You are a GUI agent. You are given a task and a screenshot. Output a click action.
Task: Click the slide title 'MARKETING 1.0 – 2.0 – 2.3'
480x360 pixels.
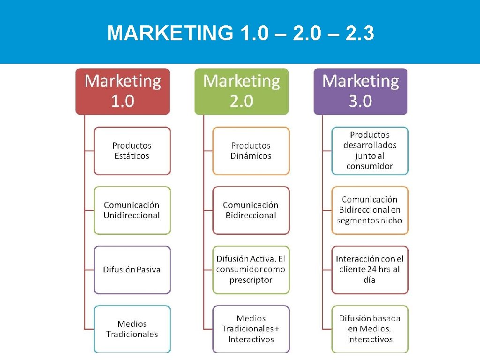240,34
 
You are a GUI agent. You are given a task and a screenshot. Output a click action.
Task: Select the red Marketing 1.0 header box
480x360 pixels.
122,91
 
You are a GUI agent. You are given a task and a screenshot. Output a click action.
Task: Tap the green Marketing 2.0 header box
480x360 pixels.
241,91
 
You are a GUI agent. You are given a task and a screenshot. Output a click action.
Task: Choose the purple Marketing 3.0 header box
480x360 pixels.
360,91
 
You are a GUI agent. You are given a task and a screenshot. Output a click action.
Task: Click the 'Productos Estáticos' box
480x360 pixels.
132,151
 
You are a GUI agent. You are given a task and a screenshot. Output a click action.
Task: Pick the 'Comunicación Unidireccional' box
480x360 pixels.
132,210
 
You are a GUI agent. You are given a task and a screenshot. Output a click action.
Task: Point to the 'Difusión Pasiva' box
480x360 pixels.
132,270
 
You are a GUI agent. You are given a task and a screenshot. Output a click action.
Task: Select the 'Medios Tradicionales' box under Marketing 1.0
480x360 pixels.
132,329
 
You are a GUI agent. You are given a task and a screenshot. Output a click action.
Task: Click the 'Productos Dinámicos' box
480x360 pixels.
251,151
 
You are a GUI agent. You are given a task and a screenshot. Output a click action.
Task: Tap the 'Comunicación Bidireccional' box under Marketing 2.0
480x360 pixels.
251,210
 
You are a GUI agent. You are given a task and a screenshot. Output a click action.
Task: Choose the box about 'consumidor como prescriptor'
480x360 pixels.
251,270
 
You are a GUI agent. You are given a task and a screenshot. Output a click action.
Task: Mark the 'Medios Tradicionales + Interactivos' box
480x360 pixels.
251,329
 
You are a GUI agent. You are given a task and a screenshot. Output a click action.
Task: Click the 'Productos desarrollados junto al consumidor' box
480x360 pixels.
370,151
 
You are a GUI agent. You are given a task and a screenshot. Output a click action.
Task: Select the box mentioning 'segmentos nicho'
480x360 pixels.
370,210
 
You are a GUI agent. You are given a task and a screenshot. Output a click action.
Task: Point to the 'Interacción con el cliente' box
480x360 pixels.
370,270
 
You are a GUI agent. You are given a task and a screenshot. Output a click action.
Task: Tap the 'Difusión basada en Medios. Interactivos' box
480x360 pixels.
370,329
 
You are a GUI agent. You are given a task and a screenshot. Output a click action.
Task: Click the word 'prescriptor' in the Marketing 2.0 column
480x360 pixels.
251,280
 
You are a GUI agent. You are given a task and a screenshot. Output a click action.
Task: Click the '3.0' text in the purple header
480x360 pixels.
360,101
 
